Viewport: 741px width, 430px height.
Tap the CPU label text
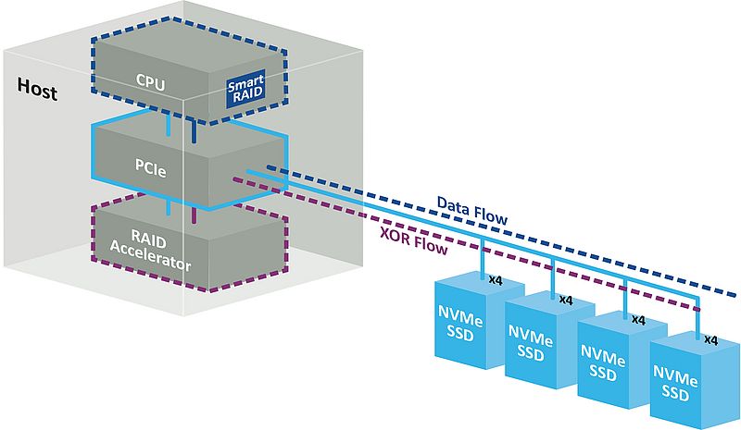[149, 84]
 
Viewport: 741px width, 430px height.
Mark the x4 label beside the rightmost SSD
[711, 339]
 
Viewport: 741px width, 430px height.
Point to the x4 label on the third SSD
[637, 318]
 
